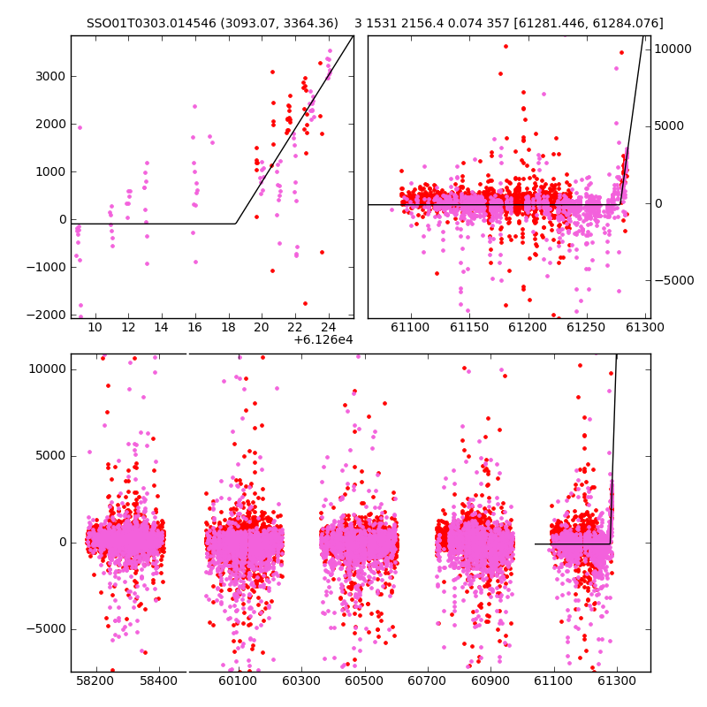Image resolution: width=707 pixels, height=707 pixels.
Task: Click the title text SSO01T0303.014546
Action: pos(151,23)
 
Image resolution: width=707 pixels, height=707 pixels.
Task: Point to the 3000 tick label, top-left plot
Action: pos(50,76)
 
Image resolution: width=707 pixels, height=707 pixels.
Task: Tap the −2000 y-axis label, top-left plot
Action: pos(46,315)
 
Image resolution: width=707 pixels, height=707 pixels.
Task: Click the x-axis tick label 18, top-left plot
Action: pos(228,327)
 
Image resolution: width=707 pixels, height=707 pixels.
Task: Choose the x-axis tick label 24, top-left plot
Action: pos(329,327)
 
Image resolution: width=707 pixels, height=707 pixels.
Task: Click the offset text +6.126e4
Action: pos(323,339)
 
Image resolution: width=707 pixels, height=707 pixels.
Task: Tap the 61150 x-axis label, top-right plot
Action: pos(469,327)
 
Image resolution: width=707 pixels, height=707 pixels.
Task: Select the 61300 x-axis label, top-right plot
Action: pos(645,327)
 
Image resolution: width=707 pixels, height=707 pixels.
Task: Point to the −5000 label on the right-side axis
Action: pos(674,280)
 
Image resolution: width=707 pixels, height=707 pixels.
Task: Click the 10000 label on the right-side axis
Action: pos(673,49)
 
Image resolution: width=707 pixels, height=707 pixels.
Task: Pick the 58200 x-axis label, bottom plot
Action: pos(95,680)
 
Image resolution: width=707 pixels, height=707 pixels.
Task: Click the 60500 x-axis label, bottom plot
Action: pos(364,680)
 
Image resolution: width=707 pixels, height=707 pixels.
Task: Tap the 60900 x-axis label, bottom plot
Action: pos(490,680)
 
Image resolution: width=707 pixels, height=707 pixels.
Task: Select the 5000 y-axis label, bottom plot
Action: pos(50,456)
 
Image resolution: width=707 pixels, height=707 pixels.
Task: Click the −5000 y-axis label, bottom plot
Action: pos(46,629)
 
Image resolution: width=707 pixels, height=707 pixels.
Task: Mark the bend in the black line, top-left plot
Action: pos(236,224)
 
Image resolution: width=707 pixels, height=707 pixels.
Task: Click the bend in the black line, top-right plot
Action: pos(621,204)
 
